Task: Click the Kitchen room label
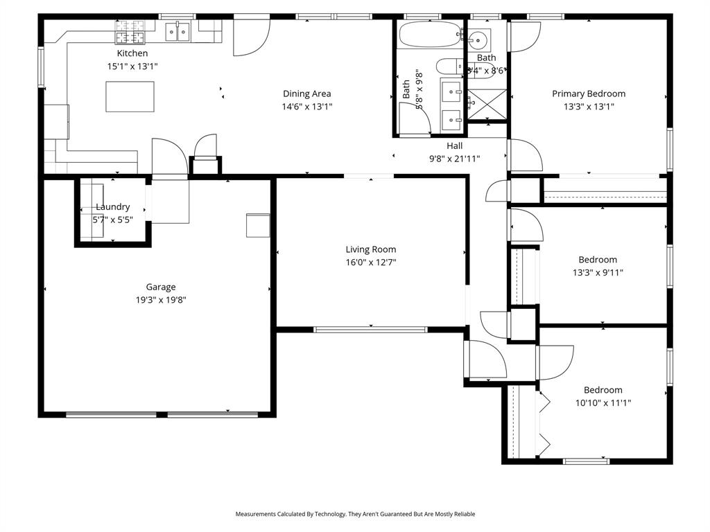coord(132,53)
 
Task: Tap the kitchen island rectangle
coord(130,96)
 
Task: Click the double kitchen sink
coord(178,31)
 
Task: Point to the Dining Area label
coord(306,94)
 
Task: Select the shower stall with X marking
coord(487,105)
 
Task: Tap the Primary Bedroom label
coord(588,94)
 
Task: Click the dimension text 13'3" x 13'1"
coord(588,107)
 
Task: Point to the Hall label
coord(454,145)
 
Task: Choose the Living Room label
coord(371,249)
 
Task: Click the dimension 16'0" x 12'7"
coord(371,263)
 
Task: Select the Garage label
coord(160,287)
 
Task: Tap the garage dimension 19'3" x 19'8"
coord(160,300)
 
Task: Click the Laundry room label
coord(112,206)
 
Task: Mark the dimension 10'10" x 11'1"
coord(603,402)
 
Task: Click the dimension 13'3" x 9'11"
coord(597,272)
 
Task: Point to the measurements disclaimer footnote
coord(355,514)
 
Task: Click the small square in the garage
coord(257,225)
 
